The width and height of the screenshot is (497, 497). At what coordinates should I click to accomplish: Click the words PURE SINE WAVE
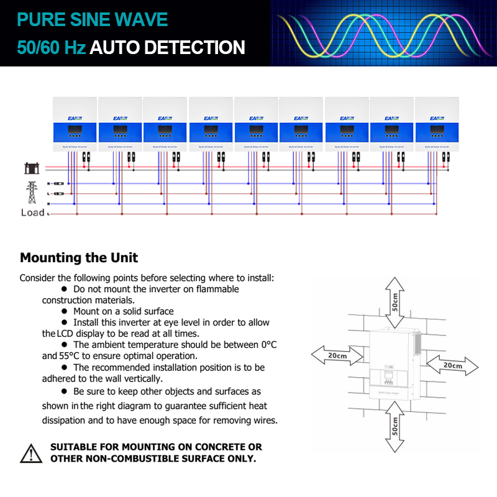pyautogui.click(x=93, y=19)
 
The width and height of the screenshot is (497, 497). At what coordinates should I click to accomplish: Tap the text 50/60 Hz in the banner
pyautogui.click(x=51, y=47)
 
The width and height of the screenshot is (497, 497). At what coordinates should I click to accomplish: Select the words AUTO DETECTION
pyautogui.click(x=167, y=47)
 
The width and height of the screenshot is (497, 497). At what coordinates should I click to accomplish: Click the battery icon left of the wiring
pyautogui.click(x=30, y=168)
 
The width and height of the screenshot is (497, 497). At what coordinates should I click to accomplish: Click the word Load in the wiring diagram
pyautogui.click(x=33, y=212)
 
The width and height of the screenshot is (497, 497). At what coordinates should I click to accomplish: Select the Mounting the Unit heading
pyautogui.click(x=79, y=257)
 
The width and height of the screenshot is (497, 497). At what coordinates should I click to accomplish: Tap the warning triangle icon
pyautogui.click(x=31, y=453)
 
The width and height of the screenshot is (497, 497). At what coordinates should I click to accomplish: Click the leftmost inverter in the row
pyautogui.click(x=75, y=122)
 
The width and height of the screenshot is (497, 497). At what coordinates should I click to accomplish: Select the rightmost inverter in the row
pyautogui.click(x=437, y=122)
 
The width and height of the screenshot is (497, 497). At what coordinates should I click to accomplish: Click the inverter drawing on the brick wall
pyautogui.click(x=391, y=367)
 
